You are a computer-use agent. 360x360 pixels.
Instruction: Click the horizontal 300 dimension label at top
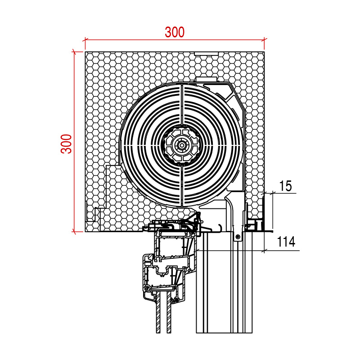tap(175, 32)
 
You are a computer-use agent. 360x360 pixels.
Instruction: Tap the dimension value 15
tap(285, 185)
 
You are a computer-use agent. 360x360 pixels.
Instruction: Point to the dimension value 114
tap(286, 242)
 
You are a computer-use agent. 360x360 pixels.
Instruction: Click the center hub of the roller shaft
tap(181, 145)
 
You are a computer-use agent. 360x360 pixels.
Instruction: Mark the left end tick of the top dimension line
tap(85, 39)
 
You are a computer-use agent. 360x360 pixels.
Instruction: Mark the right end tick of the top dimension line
tap(264, 39)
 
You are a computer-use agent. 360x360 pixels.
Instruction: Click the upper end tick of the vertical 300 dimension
tap(74, 52)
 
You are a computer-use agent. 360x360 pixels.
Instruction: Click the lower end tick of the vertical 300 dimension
tap(74, 232)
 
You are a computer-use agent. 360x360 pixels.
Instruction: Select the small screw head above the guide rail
tap(238, 237)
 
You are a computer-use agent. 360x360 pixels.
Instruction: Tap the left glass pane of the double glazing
tap(158, 315)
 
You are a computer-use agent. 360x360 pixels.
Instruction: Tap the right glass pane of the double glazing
tap(169, 315)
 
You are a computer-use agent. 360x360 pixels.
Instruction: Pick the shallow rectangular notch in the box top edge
tap(207, 54)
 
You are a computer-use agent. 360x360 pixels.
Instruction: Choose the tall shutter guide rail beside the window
tap(224, 288)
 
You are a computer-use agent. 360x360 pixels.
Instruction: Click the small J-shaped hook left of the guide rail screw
tap(219, 229)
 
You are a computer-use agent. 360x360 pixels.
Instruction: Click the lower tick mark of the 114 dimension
tap(264, 250)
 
